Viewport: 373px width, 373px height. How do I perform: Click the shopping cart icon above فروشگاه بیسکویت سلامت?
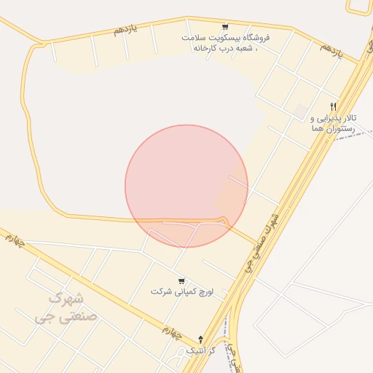click(x=224, y=25)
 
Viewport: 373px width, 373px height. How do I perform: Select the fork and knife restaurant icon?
click(x=333, y=106)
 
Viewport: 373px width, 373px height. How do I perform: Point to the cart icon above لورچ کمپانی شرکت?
click(x=181, y=281)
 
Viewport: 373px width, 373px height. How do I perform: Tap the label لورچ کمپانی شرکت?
click(x=181, y=291)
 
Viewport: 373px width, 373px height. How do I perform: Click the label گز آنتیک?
click(x=201, y=350)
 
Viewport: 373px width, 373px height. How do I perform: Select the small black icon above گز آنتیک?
click(x=201, y=339)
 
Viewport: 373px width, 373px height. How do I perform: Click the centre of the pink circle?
click(x=186, y=186)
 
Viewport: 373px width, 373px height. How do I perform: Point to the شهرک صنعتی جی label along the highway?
click(x=262, y=240)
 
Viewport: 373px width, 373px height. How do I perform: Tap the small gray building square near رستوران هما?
click(x=300, y=110)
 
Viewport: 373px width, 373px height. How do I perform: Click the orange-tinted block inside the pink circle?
click(x=230, y=197)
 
